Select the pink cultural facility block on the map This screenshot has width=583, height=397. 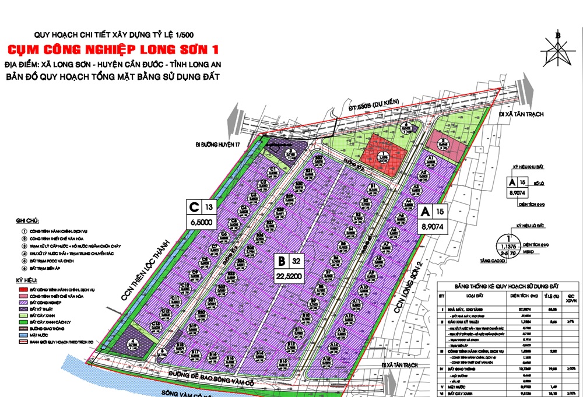(445, 142)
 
